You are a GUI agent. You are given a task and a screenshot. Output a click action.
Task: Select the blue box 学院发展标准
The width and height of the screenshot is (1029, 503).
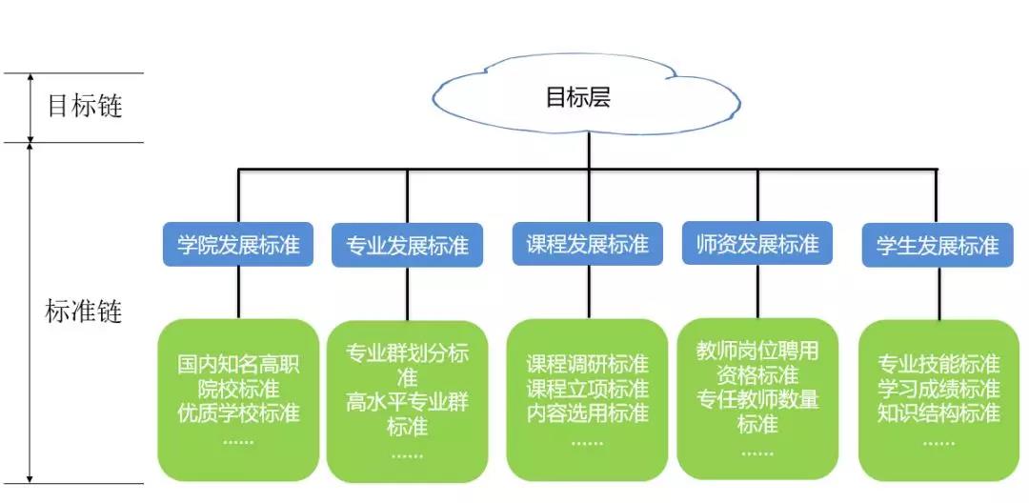(x=238, y=245)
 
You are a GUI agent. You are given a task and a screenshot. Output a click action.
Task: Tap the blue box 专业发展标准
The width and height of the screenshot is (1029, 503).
(x=407, y=246)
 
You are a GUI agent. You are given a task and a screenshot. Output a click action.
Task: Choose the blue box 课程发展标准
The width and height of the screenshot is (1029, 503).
(x=588, y=245)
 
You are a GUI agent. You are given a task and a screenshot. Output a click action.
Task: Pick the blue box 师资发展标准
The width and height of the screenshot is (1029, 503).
(x=757, y=243)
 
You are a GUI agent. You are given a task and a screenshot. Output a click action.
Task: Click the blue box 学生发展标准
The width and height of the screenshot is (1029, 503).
(x=938, y=246)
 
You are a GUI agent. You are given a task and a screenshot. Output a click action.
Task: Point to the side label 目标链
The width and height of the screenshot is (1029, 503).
(x=85, y=106)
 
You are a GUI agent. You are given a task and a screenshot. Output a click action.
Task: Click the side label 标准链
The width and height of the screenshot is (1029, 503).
(x=85, y=312)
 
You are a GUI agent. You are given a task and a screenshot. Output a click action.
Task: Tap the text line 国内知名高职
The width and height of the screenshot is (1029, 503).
(x=238, y=365)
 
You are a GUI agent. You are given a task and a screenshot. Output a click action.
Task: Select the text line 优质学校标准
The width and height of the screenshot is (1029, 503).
(x=238, y=412)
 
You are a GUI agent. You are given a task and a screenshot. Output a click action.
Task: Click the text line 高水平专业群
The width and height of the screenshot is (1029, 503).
(x=407, y=402)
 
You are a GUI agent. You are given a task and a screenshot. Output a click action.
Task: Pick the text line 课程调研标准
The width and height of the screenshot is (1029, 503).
(x=588, y=365)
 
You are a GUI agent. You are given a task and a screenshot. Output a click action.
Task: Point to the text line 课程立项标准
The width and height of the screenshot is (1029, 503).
(x=588, y=389)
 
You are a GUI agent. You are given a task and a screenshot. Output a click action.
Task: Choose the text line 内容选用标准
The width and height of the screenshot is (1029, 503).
(x=588, y=412)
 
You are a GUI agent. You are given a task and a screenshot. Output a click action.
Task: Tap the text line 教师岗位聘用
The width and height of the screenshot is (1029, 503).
(x=757, y=351)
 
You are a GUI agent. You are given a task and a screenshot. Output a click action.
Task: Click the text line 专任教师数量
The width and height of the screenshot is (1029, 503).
(x=757, y=399)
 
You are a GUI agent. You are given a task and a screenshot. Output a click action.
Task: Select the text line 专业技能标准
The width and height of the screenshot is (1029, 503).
(x=938, y=365)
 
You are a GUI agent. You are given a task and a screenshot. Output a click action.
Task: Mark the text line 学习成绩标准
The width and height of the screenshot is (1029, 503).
(x=938, y=389)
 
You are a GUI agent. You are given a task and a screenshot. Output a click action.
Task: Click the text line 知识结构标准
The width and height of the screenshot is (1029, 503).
(x=938, y=412)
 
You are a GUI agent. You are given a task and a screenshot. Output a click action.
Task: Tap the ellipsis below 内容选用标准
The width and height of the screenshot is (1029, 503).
(x=588, y=440)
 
